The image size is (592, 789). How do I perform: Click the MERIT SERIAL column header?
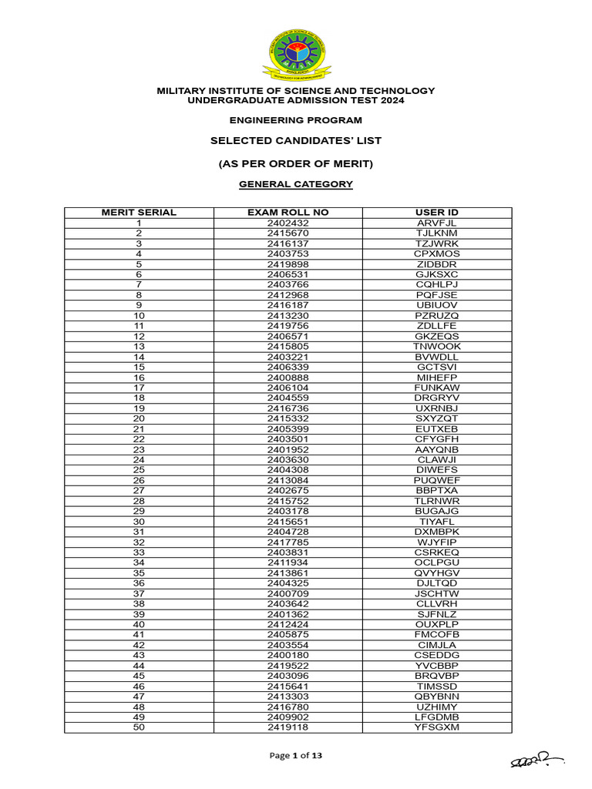139,212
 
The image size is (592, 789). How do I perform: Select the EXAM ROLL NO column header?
288,212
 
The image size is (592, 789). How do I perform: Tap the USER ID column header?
437,212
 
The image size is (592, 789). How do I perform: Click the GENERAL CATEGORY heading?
296,185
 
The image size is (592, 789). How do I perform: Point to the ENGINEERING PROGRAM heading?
296,120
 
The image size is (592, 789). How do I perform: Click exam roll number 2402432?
288,223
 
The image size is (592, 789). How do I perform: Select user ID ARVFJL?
437,223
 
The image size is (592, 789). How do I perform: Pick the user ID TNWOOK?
437,347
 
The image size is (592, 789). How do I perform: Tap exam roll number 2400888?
288,378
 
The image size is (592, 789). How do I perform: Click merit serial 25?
139,470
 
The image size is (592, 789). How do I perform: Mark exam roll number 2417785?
288,542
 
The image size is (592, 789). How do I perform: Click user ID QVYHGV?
437,573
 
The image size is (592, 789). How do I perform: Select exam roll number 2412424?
288,625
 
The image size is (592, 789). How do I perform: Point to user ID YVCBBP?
437,666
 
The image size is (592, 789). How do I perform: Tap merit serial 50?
139,727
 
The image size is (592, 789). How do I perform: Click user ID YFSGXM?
437,727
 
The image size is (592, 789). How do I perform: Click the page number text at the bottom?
296,756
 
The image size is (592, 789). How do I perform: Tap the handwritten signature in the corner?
535,760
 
